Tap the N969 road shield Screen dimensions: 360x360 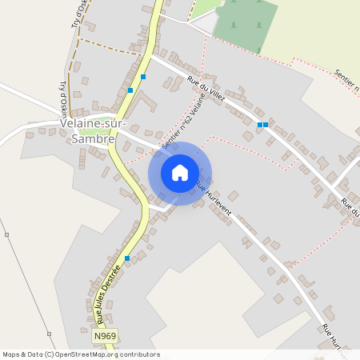point(104,337)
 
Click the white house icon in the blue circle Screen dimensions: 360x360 point(180,173)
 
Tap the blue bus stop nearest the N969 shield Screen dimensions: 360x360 point(126,258)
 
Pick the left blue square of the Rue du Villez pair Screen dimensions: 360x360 point(259,125)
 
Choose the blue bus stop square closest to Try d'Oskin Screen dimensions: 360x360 point(130,90)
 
